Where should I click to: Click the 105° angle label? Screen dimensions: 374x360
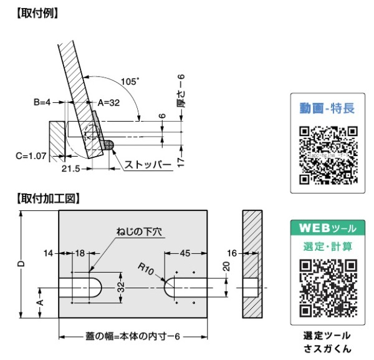pyautogui.click(x=130, y=82)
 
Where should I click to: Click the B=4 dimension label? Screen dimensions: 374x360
pyautogui.click(x=42, y=102)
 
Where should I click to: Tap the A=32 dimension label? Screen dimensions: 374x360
pyautogui.click(x=108, y=103)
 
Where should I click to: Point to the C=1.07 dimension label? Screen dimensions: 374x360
pyautogui.click(x=31, y=156)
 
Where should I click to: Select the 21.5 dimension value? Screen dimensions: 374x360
pyautogui.click(x=71, y=168)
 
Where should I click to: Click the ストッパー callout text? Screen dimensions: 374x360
pyautogui.click(x=148, y=165)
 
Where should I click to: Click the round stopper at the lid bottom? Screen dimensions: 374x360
pyautogui.click(x=109, y=145)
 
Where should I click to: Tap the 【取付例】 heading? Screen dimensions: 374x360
pyautogui.click(x=37, y=13)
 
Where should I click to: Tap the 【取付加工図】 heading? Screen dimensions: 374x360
pyautogui.click(x=48, y=198)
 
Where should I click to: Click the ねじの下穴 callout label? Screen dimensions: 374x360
pyautogui.click(x=139, y=231)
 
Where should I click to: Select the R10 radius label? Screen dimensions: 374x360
pyautogui.click(x=145, y=269)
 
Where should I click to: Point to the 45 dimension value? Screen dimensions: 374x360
pyautogui.click(x=185, y=253)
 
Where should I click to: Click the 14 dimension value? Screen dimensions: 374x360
pyautogui.click(x=49, y=253)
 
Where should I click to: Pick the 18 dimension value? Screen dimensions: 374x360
pyautogui.click(x=80, y=253)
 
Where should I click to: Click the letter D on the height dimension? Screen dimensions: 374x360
pyautogui.click(x=21, y=263)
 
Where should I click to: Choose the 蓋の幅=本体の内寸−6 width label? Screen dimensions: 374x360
pyautogui.click(x=133, y=336)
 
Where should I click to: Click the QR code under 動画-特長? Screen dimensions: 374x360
pyautogui.click(x=328, y=155)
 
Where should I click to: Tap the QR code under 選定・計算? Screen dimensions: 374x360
pyautogui.click(x=328, y=288)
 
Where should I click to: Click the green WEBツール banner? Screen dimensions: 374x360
pyautogui.click(x=328, y=228)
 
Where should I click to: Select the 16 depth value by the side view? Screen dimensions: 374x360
pyautogui.click(x=232, y=253)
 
